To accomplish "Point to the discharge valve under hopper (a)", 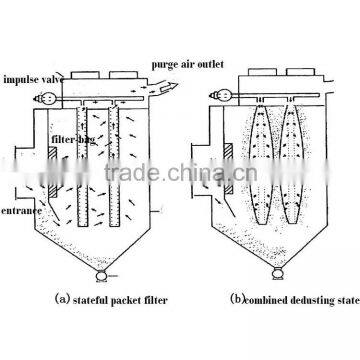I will coord(98,272).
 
